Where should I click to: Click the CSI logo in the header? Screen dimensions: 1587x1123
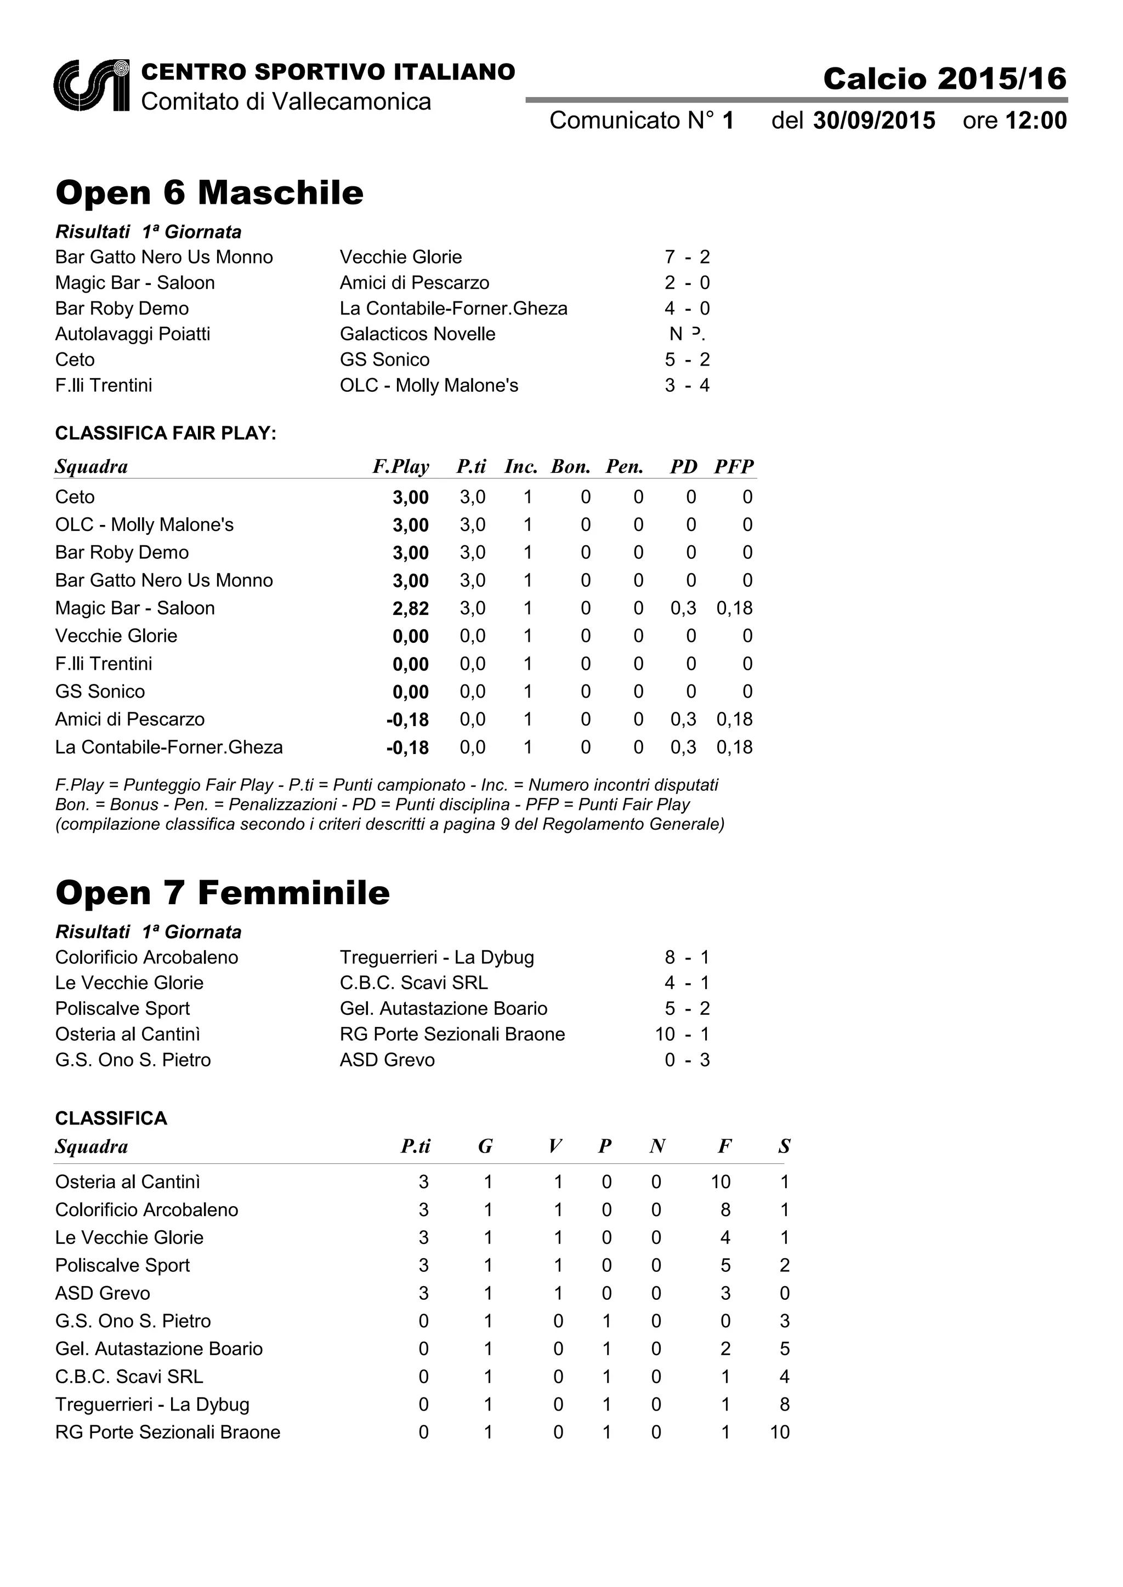tap(91, 85)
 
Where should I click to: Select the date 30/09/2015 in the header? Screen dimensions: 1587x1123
tap(874, 121)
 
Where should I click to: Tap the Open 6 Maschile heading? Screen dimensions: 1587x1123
tap(209, 192)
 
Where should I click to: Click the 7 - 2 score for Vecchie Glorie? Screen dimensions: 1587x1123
tap(687, 257)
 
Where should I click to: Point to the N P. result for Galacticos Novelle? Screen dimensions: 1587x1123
tap(687, 334)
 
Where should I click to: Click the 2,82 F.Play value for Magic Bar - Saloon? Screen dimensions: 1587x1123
tap(411, 608)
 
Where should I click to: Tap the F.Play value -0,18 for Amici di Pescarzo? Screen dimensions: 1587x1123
tap(408, 720)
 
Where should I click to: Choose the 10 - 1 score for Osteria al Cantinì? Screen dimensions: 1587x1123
tap(682, 1034)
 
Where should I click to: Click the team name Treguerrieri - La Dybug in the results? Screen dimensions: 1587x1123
tap(436, 957)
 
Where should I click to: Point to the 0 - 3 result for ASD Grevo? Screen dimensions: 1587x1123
tap(687, 1060)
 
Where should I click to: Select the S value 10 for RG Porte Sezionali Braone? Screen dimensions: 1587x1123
tap(779, 1432)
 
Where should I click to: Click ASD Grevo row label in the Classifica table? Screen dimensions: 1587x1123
tap(103, 1293)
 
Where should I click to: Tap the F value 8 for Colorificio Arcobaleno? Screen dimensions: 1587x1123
tap(725, 1209)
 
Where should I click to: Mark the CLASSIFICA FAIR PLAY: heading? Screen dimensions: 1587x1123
tap(165, 433)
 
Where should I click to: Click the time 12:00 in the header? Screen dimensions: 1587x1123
tap(1035, 121)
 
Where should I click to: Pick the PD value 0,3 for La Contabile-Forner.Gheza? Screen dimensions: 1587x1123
tap(683, 747)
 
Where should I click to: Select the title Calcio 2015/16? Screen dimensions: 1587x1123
tap(945, 79)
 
